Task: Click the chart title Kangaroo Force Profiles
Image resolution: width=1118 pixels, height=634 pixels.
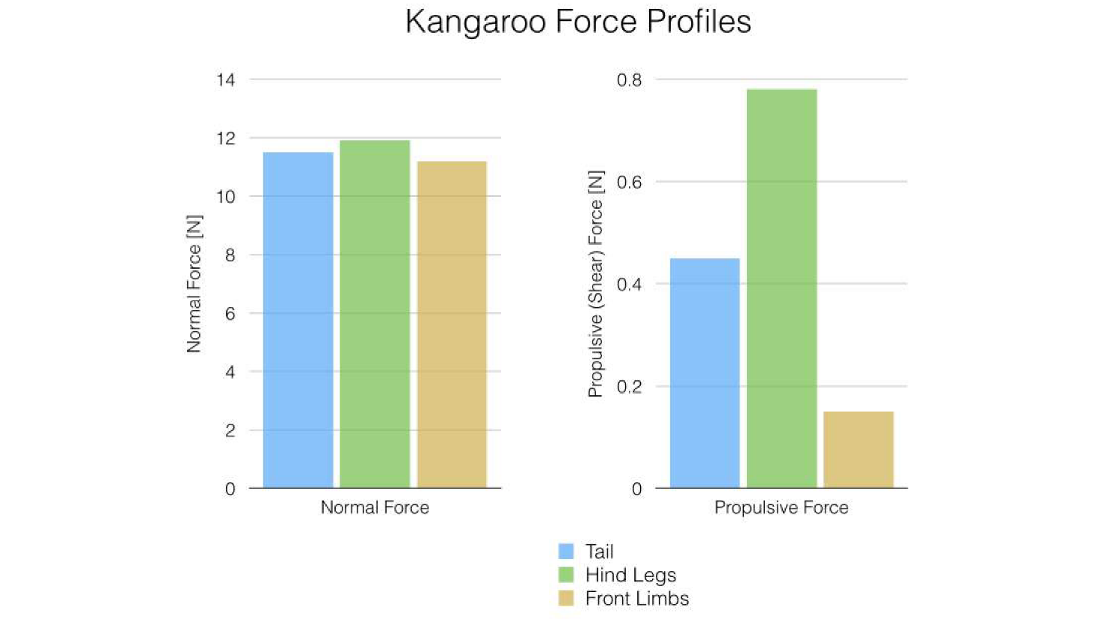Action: tap(577, 22)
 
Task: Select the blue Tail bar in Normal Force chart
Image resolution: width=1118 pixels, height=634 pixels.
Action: tap(298, 320)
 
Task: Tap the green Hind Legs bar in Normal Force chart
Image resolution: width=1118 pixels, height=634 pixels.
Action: tap(375, 314)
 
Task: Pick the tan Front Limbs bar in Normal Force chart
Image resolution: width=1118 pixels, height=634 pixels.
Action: tap(452, 325)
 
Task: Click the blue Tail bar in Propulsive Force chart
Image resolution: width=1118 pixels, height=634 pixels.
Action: tap(704, 373)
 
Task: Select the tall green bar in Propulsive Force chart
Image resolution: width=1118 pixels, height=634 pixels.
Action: tap(781, 288)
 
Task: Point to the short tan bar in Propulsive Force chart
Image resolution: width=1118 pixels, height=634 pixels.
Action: tap(859, 450)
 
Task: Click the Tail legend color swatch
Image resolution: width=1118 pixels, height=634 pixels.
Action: tap(566, 552)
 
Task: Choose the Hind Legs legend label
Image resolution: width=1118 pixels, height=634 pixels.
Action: tap(630, 575)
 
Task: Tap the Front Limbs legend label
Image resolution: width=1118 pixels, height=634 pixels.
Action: tap(636, 599)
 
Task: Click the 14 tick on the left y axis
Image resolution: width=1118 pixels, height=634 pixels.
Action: tap(225, 79)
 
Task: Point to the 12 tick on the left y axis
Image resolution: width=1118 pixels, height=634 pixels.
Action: tap(225, 138)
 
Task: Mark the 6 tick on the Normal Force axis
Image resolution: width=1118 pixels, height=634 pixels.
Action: tap(230, 314)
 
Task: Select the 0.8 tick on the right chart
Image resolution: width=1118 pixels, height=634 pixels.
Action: tap(629, 80)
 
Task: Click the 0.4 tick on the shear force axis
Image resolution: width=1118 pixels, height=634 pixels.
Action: tap(629, 284)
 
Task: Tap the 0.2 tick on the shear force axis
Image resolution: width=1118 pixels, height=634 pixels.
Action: tap(629, 387)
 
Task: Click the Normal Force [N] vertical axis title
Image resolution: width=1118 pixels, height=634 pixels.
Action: tap(194, 284)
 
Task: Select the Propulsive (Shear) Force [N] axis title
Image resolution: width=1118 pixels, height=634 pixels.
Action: tap(595, 284)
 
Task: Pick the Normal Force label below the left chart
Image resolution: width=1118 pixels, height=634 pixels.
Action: tap(375, 507)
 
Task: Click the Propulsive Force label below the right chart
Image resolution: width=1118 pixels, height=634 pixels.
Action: tap(781, 507)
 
